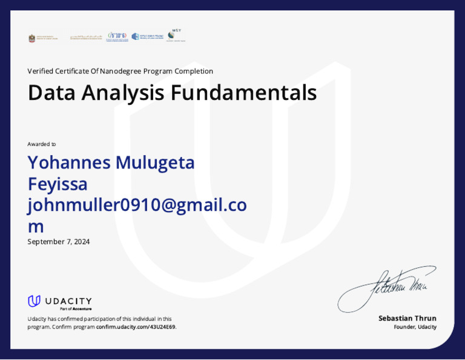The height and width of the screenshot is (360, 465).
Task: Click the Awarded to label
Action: [x=41, y=144]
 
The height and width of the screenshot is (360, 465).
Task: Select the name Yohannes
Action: [x=68, y=162]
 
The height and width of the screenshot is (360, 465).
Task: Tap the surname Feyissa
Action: [x=58, y=184]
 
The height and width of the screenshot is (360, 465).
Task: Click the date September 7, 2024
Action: [x=58, y=242]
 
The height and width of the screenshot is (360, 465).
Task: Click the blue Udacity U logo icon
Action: [x=35, y=301]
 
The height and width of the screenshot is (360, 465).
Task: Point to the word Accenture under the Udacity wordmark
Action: [x=82, y=309]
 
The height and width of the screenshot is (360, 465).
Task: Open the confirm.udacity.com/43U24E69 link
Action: [x=136, y=327]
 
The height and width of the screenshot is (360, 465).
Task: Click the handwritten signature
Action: [x=387, y=285]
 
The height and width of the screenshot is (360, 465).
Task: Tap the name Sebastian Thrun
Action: [x=407, y=318]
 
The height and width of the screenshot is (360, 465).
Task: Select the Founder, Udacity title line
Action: [x=415, y=327]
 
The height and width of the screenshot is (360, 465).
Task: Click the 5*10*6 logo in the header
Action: [x=117, y=36]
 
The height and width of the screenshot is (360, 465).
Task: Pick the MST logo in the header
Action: [x=176, y=35]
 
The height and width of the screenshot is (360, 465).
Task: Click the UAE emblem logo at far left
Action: [x=32, y=38]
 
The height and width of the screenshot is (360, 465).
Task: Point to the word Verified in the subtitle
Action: [x=40, y=71]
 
